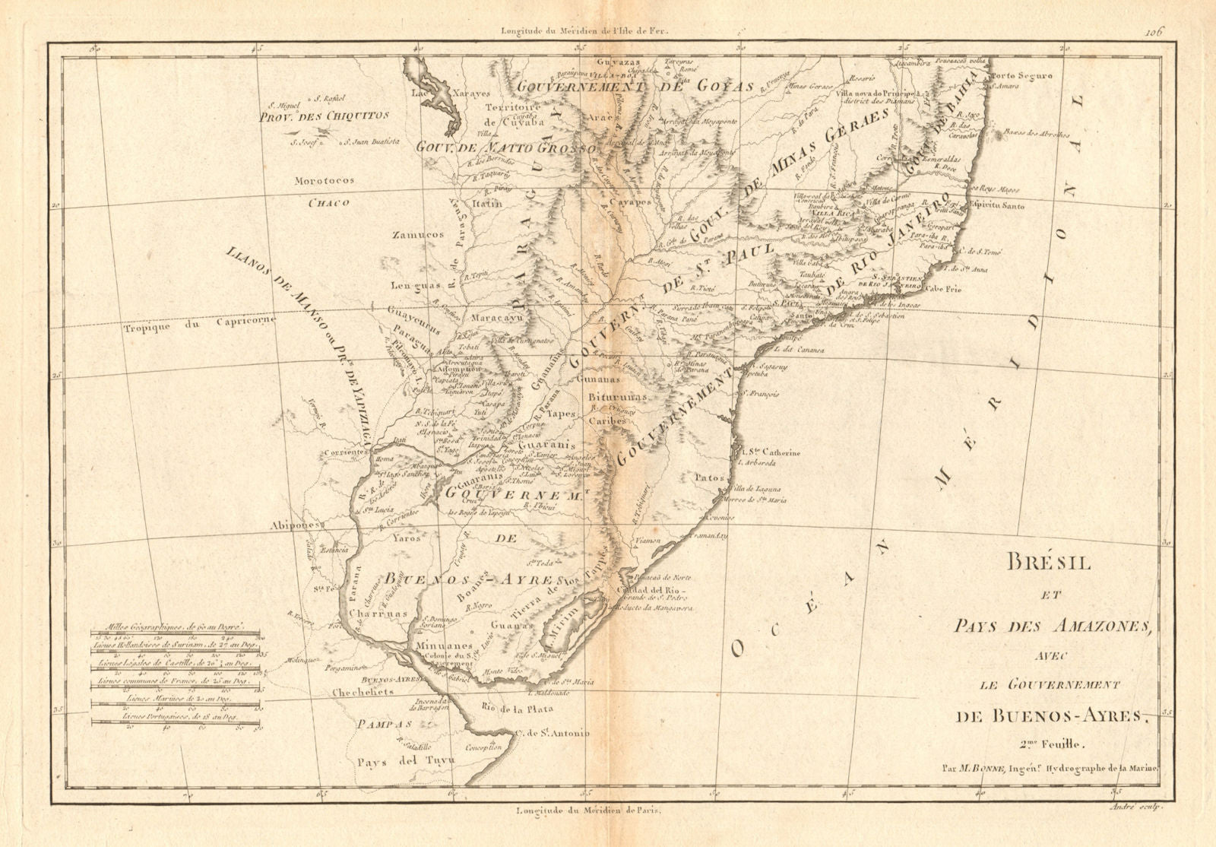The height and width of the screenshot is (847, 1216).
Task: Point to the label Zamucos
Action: coord(418,236)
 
